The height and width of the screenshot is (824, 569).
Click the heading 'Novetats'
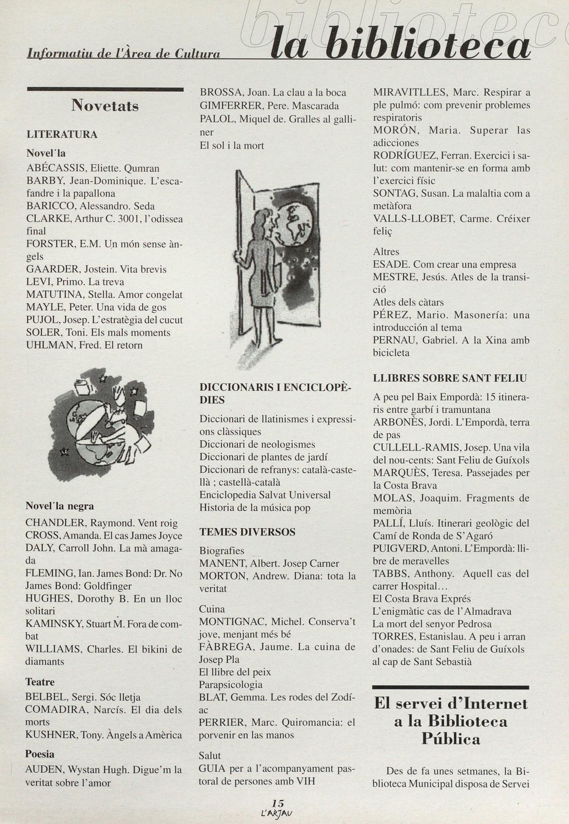point(105,106)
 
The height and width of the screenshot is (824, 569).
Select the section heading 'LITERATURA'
point(62,135)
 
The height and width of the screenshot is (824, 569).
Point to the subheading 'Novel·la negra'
point(59,507)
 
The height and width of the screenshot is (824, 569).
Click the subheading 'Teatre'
point(40,682)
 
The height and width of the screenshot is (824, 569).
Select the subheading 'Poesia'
point(40,754)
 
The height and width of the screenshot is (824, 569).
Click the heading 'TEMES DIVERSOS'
point(247,532)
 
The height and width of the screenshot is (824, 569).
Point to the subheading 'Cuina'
point(212,609)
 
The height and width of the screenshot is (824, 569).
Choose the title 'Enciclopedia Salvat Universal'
point(265,495)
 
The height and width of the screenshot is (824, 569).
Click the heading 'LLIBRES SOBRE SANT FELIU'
point(449,378)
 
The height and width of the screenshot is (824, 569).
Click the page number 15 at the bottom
point(278,803)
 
